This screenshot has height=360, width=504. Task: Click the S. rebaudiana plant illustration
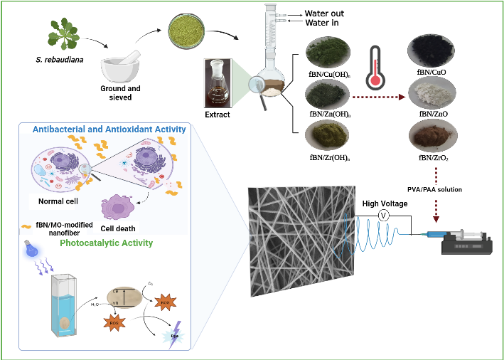[62, 34]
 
